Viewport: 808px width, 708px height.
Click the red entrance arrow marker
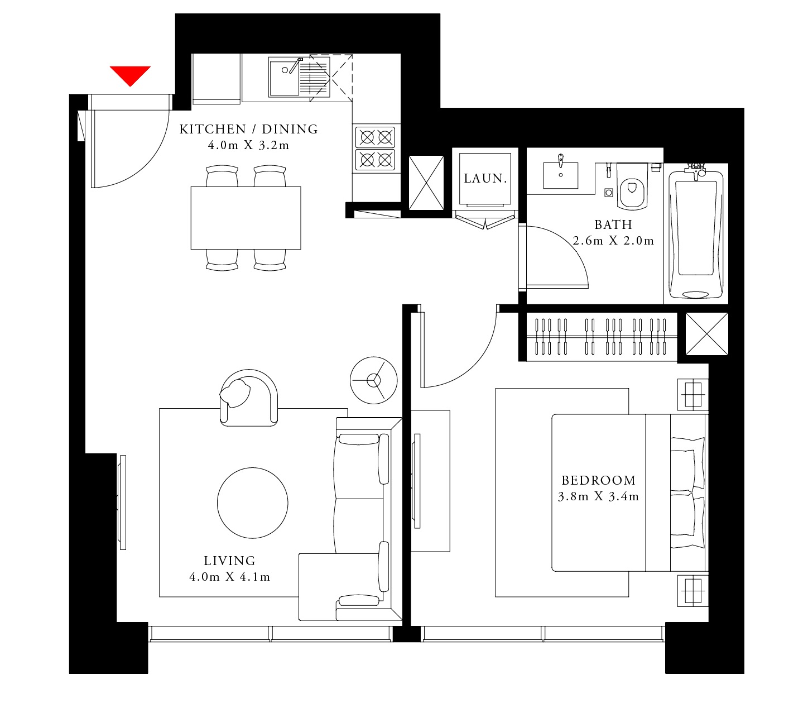[x=130, y=74]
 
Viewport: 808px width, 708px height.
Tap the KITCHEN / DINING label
[x=248, y=130]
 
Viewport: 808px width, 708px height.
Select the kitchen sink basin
[x=284, y=78]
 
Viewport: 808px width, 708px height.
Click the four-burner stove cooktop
[x=376, y=149]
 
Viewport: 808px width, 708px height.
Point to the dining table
[x=246, y=218]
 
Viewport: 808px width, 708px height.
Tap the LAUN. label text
[x=485, y=179]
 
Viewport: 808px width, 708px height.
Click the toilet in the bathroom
[x=632, y=187]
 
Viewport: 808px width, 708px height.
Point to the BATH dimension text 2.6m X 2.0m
[x=613, y=241]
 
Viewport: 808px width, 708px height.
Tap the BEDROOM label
[x=598, y=480]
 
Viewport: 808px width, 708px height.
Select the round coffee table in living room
[x=252, y=503]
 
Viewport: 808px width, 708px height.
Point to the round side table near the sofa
[x=373, y=380]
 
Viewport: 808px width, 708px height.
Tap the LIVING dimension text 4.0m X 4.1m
[x=229, y=577]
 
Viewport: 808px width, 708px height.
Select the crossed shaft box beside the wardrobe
[x=706, y=333]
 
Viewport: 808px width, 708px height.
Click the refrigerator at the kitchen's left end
[x=217, y=78]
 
